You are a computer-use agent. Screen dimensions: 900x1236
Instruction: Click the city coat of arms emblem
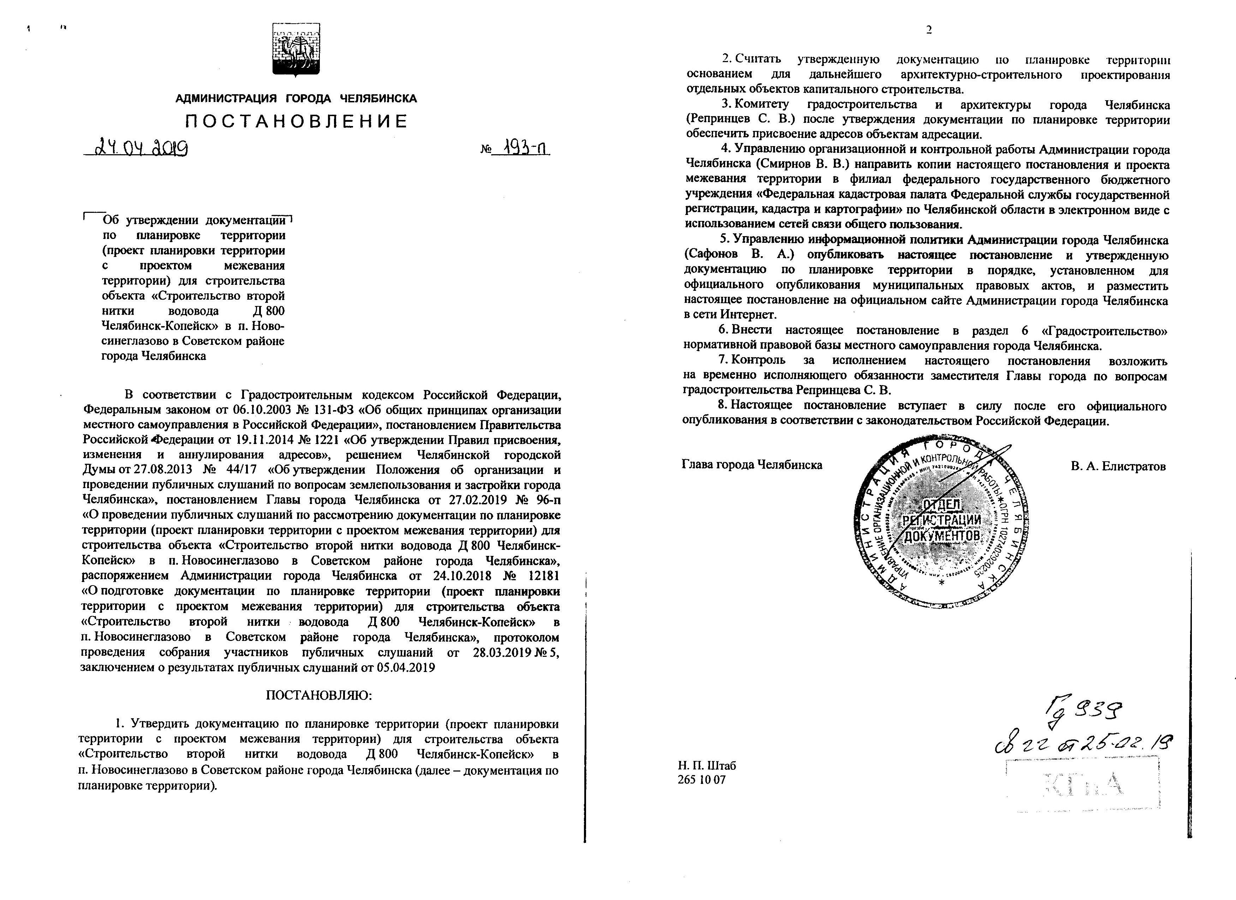[296, 49]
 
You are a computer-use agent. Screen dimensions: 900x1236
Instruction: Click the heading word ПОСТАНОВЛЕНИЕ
[297, 121]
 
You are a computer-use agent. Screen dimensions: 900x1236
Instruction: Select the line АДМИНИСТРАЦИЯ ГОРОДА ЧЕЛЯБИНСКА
[296, 98]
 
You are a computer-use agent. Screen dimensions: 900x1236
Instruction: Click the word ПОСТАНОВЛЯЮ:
[318, 696]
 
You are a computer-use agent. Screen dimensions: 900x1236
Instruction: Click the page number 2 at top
[929, 30]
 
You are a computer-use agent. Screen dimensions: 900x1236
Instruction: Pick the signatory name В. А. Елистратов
[1118, 466]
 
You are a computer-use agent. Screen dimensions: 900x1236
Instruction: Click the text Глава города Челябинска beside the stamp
[752, 465]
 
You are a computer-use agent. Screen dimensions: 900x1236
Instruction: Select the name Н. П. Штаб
[707, 766]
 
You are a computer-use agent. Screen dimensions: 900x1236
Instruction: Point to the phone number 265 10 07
[702, 780]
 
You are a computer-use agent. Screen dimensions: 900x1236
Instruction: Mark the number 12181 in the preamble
[541, 576]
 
